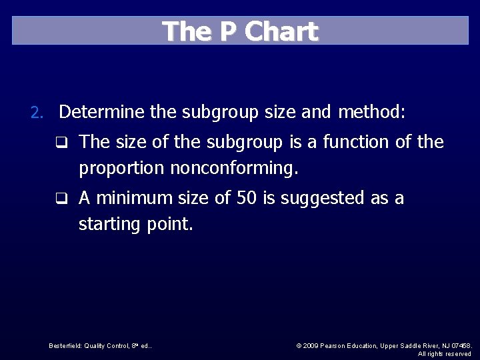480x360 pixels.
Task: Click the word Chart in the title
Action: click(281, 31)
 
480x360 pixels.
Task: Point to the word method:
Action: click(371, 112)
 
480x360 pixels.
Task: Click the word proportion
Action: click(122, 169)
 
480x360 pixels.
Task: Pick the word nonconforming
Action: click(234, 169)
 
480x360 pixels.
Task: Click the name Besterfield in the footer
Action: click(65, 346)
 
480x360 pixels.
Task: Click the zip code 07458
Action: click(461, 346)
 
